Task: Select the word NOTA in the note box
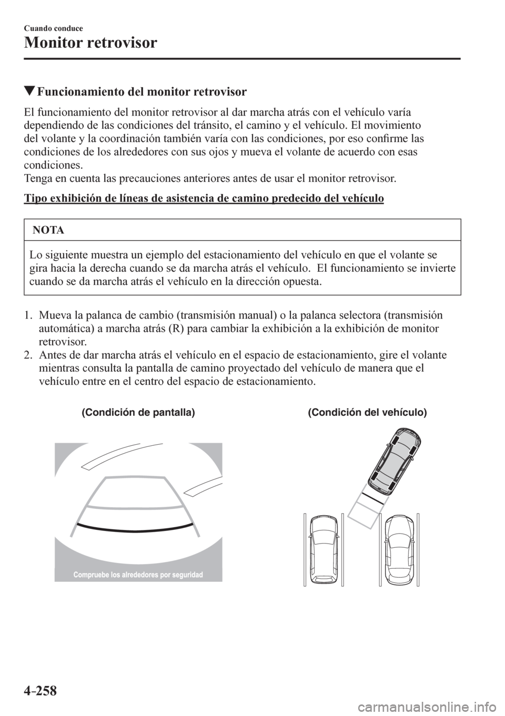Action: [x=48, y=230]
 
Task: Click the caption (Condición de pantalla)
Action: [x=138, y=413]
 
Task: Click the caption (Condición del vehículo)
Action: [x=367, y=413]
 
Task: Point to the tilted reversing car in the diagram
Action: [x=395, y=456]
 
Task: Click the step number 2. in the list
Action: [x=29, y=355]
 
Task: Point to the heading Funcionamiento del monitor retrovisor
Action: [x=141, y=92]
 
